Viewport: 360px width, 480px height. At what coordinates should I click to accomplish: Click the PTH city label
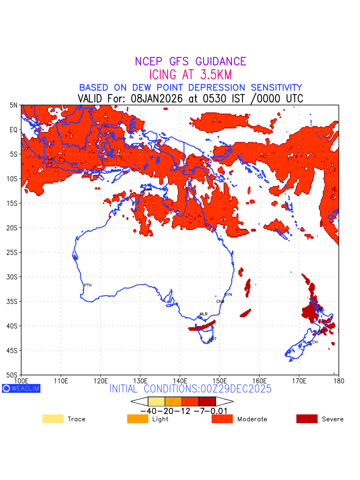88,285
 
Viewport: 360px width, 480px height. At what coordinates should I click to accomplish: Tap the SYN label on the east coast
228,295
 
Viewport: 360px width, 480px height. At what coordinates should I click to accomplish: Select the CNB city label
220,302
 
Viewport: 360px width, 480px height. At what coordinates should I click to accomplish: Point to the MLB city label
204,314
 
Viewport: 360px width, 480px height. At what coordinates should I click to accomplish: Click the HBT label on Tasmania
213,339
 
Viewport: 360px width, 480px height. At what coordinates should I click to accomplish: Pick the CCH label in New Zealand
314,342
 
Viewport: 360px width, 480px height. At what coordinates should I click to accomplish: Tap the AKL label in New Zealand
321,309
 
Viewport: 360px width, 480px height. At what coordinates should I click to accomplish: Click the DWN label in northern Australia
148,189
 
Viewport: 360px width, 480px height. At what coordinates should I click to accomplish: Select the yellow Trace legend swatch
53,419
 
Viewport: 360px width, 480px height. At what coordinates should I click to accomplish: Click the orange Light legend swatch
137,419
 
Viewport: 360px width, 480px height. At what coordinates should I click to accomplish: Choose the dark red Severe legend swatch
307,419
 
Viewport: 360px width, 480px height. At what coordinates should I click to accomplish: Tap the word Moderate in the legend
252,419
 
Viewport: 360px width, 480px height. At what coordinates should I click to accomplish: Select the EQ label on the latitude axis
14,130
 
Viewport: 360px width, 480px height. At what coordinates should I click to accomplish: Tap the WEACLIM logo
21,388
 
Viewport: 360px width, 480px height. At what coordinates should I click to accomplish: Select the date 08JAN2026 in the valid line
155,98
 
